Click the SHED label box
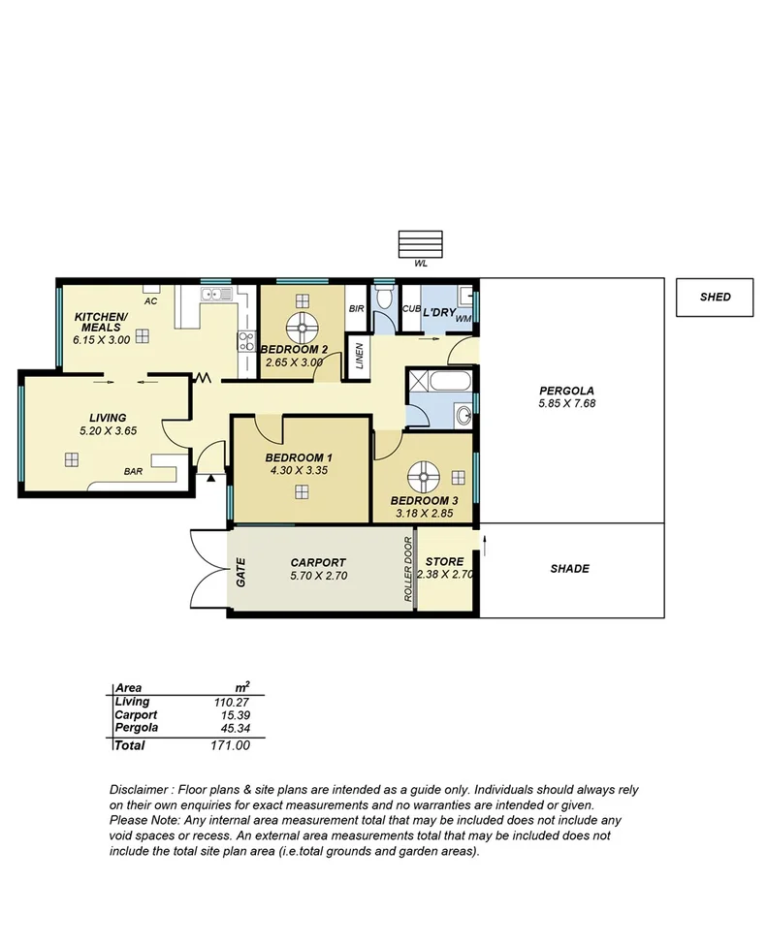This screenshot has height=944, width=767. click(715, 298)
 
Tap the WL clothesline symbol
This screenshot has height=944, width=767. click(420, 243)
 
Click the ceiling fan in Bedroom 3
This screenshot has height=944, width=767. click(424, 475)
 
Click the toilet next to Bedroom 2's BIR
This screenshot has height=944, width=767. click(384, 295)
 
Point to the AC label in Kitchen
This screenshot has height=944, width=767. click(150, 301)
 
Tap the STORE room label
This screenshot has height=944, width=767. click(444, 562)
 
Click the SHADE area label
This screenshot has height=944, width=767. click(569, 569)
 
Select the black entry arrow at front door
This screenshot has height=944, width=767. click(210, 478)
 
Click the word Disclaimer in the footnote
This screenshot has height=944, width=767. click(140, 791)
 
